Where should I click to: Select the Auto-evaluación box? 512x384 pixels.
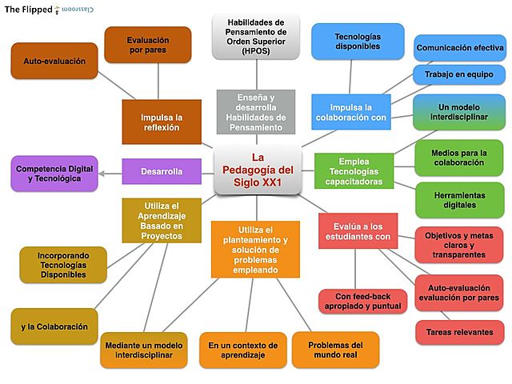tap(54, 61)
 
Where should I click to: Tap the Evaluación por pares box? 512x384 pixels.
tap(147, 44)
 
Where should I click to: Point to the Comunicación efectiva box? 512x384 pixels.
tap(459, 48)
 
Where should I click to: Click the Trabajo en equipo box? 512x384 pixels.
tap(459, 74)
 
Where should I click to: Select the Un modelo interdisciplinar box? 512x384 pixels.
tap(459, 112)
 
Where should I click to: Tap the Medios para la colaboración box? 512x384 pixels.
tap(459, 157)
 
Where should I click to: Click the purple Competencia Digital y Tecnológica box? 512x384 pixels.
tap(55, 173)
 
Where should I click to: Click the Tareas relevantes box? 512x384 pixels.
tap(459, 332)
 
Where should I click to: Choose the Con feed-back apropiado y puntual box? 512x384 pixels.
tap(358, 301)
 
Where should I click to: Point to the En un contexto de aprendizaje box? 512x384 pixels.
tap(242, 350)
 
